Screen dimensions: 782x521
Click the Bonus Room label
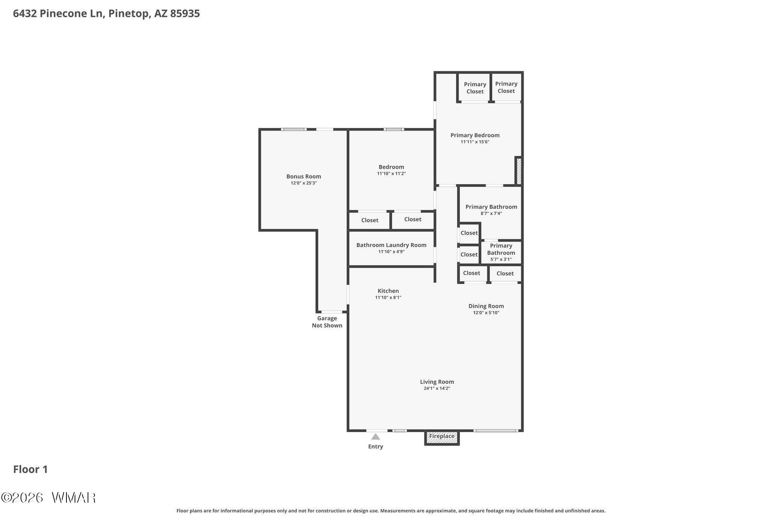(304, 176)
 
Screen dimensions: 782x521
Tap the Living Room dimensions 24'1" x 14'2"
(437, 389)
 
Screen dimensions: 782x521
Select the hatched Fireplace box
(442, 437)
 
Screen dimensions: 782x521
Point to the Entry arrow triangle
(376, 437)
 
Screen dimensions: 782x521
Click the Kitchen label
(388, 291)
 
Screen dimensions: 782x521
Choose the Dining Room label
(486, 306)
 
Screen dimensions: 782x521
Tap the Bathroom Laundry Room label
(391, 245)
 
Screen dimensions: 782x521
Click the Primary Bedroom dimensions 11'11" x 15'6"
(475, 142)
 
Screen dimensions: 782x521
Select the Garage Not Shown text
(327, 322)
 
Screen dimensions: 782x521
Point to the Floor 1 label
(30, 469)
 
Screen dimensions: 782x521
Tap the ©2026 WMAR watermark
(48, 498)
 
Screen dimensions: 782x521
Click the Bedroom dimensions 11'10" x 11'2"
(391, 174)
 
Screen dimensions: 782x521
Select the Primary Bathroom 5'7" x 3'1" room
(501, 252)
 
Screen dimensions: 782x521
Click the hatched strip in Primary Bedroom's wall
(519, 171)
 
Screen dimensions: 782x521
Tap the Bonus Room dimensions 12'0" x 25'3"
(304, 183)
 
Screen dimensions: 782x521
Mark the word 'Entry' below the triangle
(376, 446)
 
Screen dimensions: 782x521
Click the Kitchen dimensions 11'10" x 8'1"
(388, 297)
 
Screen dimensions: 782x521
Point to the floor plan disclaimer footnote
(391, 510)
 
